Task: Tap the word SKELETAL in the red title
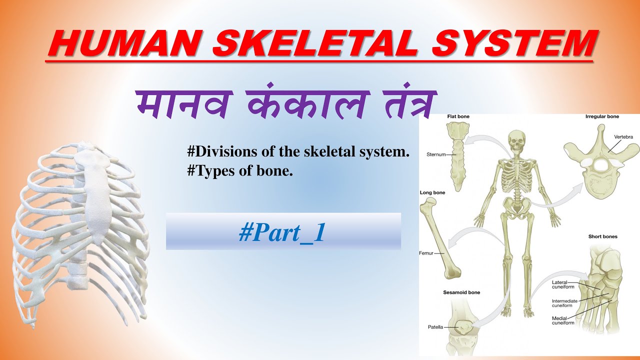tap(315, 43)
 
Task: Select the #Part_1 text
tap(282, 233)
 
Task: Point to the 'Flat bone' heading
tap(458, 116)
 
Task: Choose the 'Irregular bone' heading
tap(602, 116)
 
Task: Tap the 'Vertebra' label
tap(623, 136)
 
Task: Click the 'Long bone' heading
tap(433, 192)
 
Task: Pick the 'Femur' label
tap(426, 253)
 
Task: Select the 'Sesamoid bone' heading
tap(461, 292)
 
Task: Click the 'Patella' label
tap(436, 327)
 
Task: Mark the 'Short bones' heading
tap(602, 236)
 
